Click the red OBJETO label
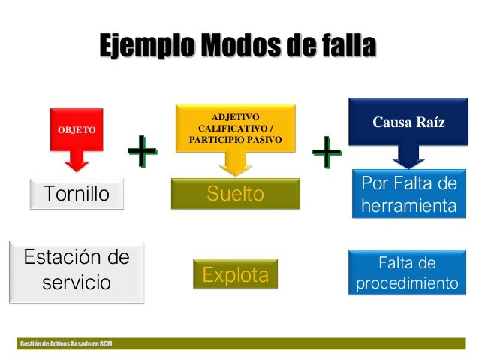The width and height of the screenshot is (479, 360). (x=77, y=129)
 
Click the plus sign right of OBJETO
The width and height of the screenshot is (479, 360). (x=142, y=153)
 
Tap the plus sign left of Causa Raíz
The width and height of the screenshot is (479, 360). (x=327, y=153)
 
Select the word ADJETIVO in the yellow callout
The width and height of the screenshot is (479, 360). (x=236, y=117)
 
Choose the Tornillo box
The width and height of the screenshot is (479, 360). (x=77, y=195)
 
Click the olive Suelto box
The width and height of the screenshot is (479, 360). (x=235, y=195)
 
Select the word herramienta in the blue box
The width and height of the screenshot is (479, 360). (x=408, y=205)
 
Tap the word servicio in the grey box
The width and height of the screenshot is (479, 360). (x=77, y=283)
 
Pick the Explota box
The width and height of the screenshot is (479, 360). (x=235, y=275)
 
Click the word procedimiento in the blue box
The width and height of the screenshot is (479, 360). (x=406, y=284)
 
